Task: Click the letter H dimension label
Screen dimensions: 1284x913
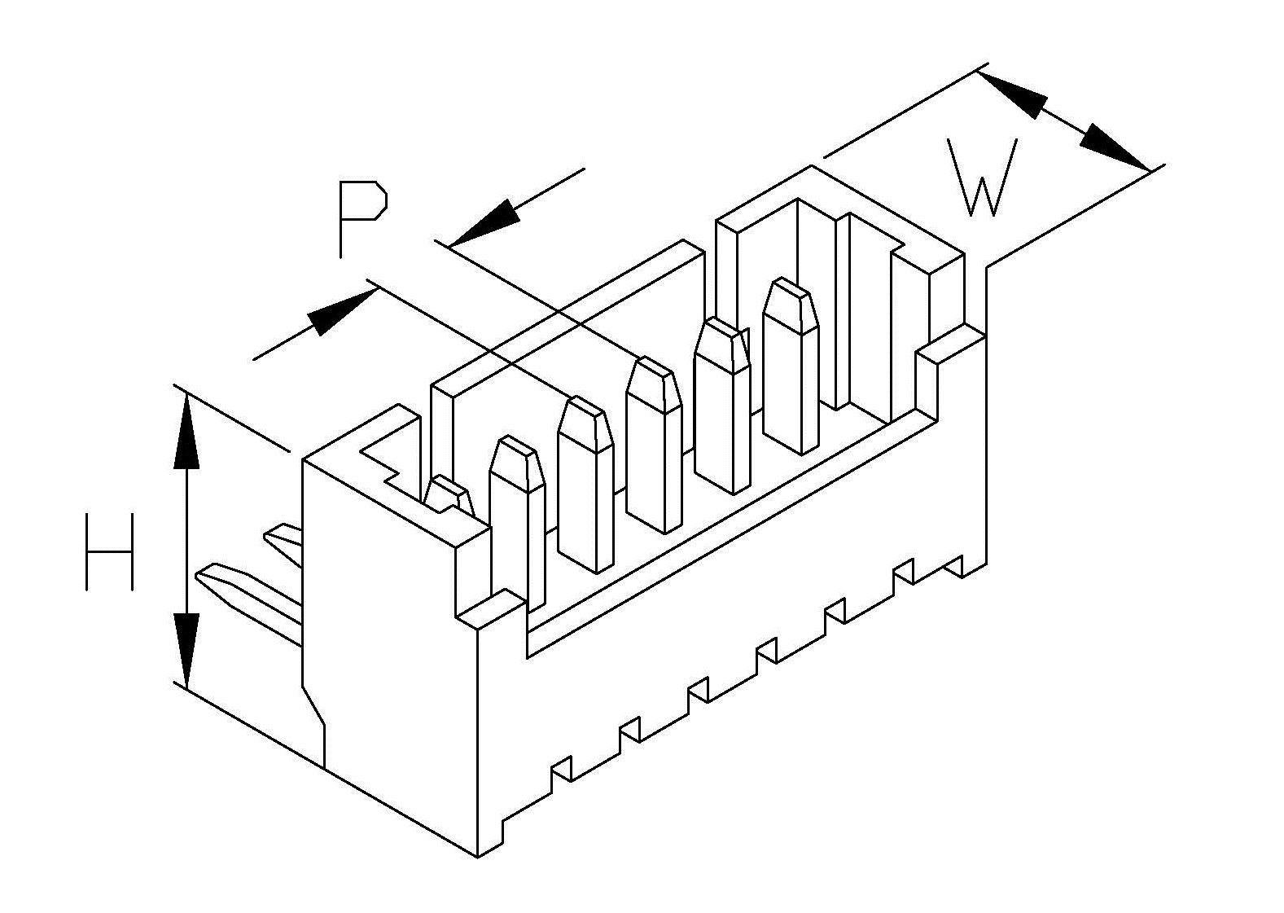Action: coord(109,551)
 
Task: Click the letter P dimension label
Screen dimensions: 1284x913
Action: coord(362,219)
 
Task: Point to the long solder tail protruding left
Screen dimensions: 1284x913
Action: coord(249,599)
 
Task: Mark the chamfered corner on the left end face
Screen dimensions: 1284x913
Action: coord(313,707)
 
